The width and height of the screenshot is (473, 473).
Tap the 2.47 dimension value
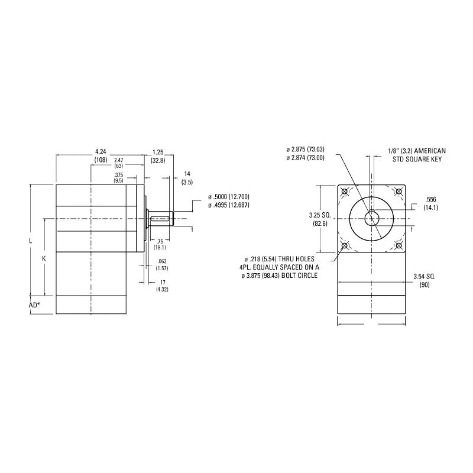(x=118, y=160)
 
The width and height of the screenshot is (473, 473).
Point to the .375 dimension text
(x=119, y=174)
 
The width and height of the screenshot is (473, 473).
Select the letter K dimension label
(x=44, y=258)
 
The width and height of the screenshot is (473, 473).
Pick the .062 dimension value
(x=161, y=261)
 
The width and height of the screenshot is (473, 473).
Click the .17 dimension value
(x=161, y=282)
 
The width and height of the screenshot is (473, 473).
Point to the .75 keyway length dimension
(x=160, y=241)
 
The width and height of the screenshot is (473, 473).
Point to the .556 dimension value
(x=430, y=199)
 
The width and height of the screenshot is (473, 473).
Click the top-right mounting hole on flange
(x=398, y=192)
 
